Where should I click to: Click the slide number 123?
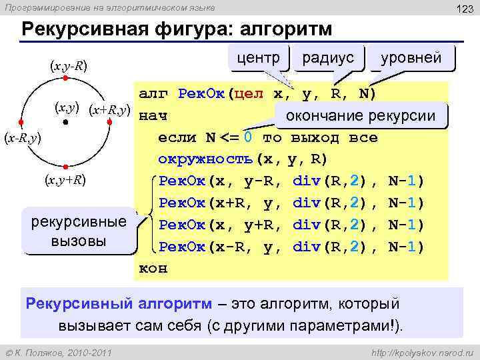463,7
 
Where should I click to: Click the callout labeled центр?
259,57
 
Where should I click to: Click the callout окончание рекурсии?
360,116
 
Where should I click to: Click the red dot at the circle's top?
65,78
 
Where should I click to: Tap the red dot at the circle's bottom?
65,167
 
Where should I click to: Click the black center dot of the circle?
65,123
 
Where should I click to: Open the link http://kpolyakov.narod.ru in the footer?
419,351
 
